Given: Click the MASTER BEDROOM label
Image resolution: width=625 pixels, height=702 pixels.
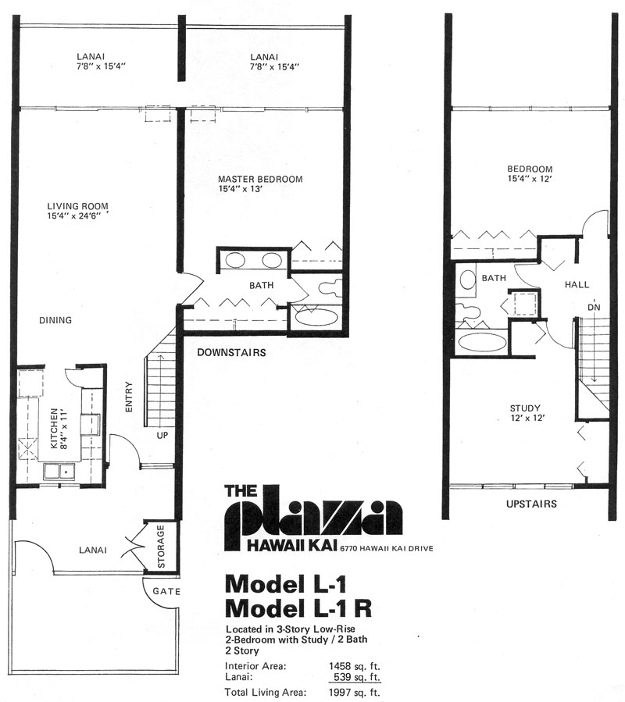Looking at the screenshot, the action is click(x=260, y=179).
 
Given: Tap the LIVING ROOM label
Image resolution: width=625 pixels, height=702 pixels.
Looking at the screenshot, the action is click(x=78, y=206).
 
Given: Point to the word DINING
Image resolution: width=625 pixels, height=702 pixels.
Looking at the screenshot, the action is click(x=55, y=320).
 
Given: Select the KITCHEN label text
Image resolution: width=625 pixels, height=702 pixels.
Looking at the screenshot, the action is click(x=54, y=429).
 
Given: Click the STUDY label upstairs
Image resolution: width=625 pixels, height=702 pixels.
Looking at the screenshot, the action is click(x=525, y=408).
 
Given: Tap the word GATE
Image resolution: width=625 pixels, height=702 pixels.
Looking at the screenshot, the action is click(x=166, y=591).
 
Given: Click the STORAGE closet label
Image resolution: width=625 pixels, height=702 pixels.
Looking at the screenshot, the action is click(x=161, y=547).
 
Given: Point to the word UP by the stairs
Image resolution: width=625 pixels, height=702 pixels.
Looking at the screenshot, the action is click(x=162, y=435).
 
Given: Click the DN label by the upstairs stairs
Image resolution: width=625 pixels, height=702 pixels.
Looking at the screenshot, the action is click(x=594, y=308).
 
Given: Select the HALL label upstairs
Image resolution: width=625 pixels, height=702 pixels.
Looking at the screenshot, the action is click(x=577, y=284).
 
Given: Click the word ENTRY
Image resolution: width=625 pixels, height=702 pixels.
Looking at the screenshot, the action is click(x=129, y=397).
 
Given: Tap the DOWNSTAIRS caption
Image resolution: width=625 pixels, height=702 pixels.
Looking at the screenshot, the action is click(x=231, y=352).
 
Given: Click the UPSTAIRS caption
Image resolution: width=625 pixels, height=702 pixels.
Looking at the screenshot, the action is click(x=531, y=504).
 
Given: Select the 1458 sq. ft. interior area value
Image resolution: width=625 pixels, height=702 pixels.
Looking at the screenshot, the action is click(x=355, y=666).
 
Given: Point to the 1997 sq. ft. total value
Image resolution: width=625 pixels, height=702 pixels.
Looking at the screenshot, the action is click(x=355, y=692).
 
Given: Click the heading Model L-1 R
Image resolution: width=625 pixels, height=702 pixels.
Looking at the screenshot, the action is click(x=298, y=608).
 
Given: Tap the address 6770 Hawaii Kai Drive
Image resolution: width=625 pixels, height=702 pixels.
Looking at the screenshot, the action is click(x=387, y=548).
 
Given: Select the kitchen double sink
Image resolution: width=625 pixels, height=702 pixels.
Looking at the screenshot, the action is click(x=59, y=472).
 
